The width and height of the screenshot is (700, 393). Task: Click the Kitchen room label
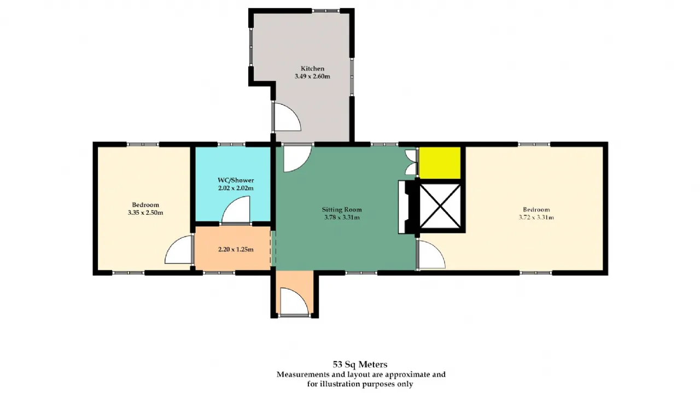click(312, 68)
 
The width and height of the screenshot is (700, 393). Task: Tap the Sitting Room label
click(342, 209)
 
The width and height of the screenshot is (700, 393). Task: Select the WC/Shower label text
click(236, 180)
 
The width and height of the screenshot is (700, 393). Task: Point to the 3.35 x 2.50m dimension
click(145, 213)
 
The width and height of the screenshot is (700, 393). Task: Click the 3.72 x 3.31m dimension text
click(536, 218)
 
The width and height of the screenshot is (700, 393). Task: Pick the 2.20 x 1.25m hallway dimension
click(236, 249)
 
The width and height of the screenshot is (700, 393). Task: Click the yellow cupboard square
click(440, 163)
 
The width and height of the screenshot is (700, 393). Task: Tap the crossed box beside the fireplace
click(440, 206)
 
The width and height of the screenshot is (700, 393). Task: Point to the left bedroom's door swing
click(179, 250)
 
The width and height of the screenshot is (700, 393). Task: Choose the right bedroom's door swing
click(431, 254)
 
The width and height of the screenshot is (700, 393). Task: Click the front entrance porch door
click(294, 302)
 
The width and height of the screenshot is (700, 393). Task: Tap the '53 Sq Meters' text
click(360, 364)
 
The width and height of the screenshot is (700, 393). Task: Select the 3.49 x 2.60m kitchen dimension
click(312, 76)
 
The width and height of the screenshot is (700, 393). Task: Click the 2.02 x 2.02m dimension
click(236, 188)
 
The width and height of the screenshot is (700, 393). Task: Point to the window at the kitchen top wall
click(325, 10)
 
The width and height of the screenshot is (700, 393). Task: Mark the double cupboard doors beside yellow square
click(412, 162)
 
